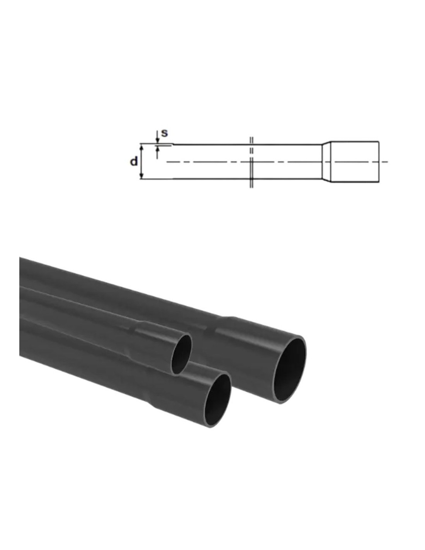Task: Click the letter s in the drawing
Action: (164, 133)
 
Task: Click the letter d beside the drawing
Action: (134, 161)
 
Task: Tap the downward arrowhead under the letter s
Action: (157, 140)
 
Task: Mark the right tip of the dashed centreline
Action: (387, 162)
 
